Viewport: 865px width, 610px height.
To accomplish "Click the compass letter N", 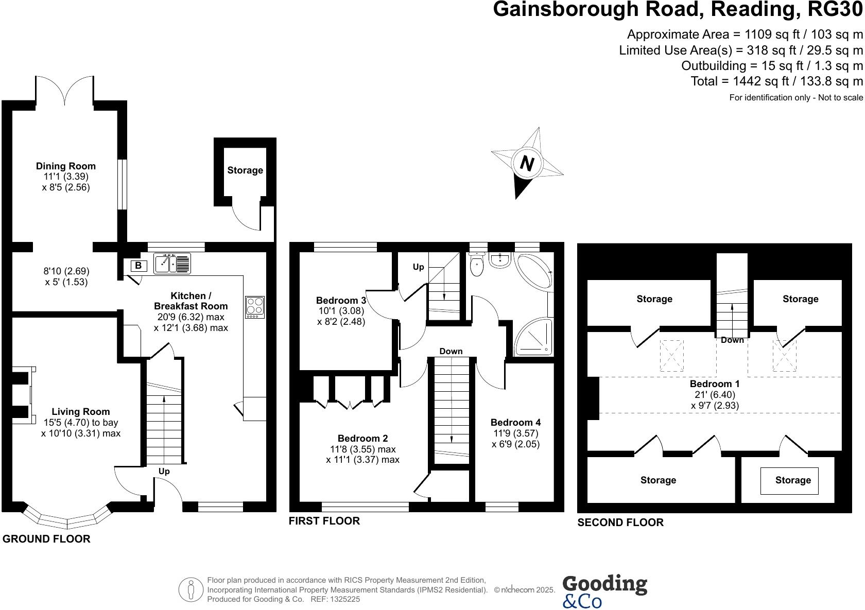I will (x=526, y=164).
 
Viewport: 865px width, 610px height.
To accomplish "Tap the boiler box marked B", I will (x=137, y=266).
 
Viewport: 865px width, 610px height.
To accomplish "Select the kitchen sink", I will (x=172, y=263).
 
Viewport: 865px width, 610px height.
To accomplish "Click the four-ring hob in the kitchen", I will (x=255, y=307).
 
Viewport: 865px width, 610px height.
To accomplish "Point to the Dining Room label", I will (x=66, y=166).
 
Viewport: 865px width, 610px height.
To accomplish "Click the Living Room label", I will (x=81, y=411).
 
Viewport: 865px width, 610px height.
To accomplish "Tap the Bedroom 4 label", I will (x=515, y=422).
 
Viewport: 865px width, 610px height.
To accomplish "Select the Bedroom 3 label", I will (x=341, y=300).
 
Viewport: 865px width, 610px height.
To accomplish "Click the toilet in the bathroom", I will (x=477, y=265).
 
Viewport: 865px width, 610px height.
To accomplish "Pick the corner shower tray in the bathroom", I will (x=534, y=337).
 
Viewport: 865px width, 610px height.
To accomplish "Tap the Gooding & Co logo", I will (x=604, y=590).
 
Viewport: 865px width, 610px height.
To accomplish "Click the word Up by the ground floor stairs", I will (x=164, y=471).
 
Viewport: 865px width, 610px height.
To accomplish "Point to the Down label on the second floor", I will (x=732, y=340).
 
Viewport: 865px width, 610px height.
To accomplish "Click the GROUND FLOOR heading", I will (x=46, y=539).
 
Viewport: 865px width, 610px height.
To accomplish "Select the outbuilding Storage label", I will (x=245, y=170).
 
